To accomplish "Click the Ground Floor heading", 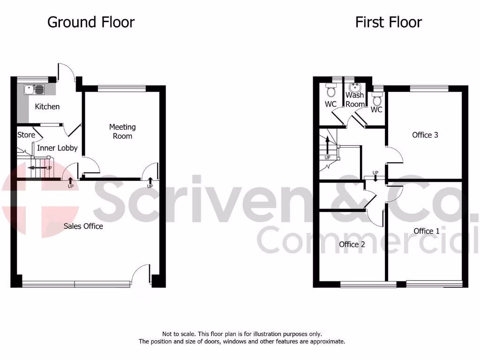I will click(x=91, y=22).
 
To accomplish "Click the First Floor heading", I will click(x=388, y=22).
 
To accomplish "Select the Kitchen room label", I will click(x=47, y=106).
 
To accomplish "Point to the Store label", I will click(x=26, y=135).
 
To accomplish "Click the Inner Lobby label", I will click(x=57, y=148).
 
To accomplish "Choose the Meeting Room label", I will click(x=122, y=131).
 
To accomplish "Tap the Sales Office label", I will click(x=83, y=226).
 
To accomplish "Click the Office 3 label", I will click(x=425, y=135).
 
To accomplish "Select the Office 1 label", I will click(x=427, y=231).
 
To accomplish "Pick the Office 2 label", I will click(x=352, y=244).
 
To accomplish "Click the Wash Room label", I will click(x=355, y=99).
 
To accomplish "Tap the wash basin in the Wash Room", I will click(x=355, y=87).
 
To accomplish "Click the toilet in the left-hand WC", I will click(x=331, y=90).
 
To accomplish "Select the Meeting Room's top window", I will click(x=121, y=87).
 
